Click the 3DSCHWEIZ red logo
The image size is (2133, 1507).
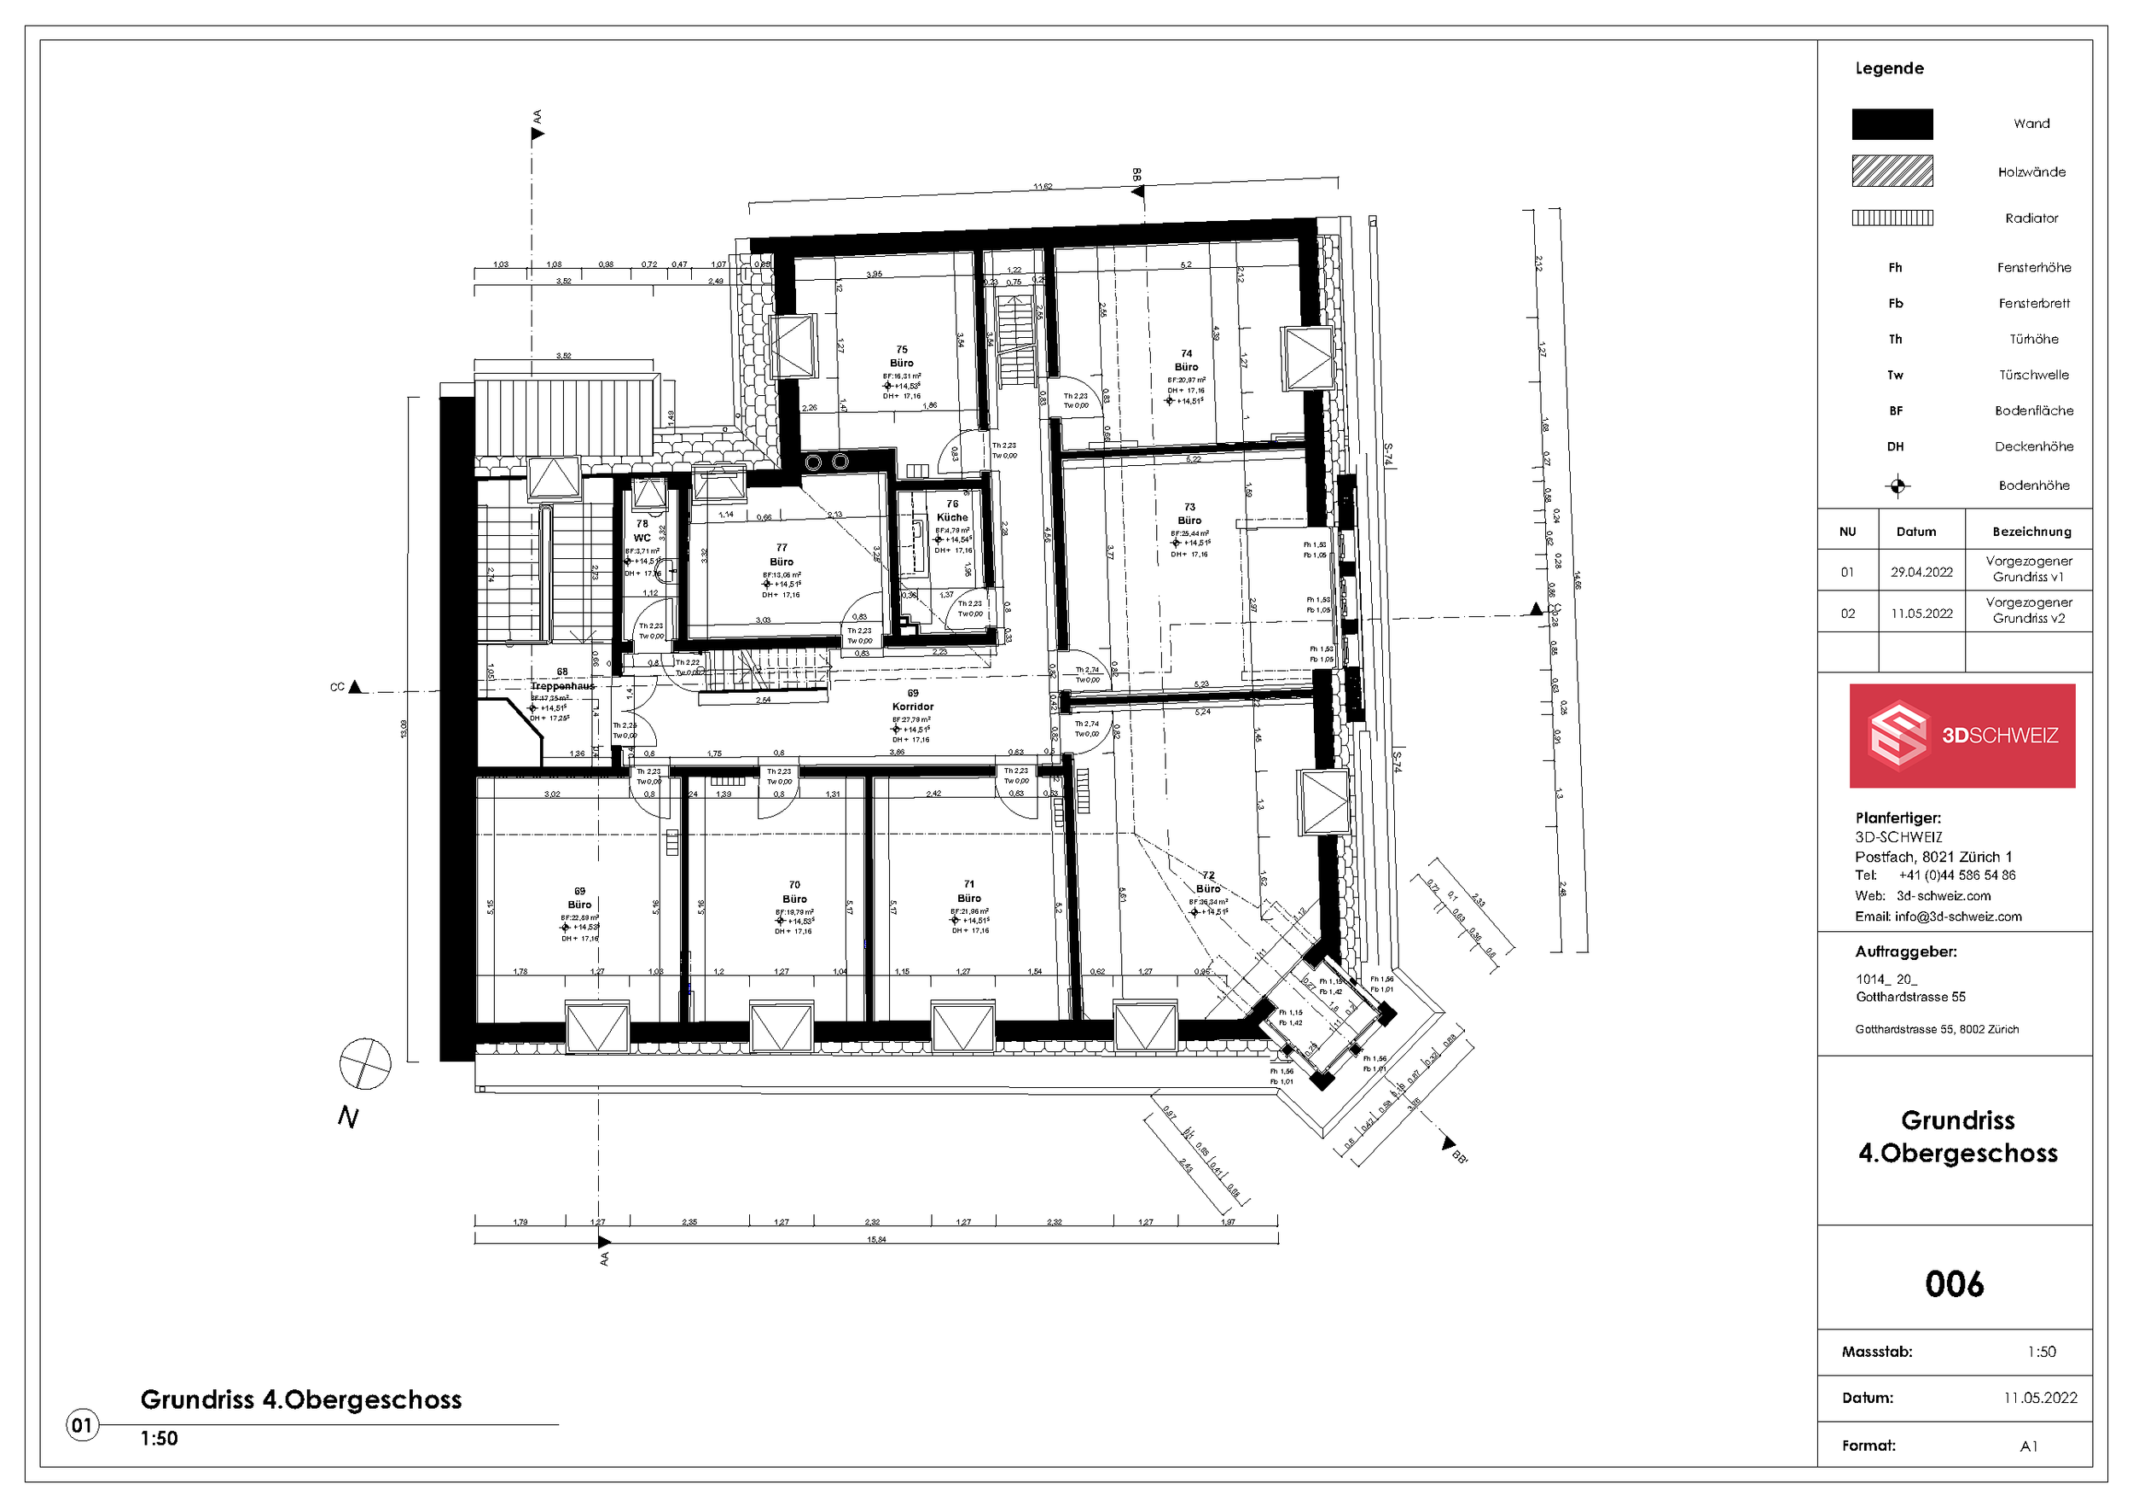[x=1962, y=736]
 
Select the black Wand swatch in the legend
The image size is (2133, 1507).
[x=1892, y=124]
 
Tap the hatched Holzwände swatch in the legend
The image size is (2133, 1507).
[x=1892, y=171]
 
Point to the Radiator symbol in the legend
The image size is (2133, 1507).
[x=1892, y=218]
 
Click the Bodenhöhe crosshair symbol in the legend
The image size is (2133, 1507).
[x=1897, y=486]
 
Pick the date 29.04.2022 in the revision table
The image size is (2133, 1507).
[x=1921, y=573]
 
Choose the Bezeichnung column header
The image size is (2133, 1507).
[x=2031, y=532]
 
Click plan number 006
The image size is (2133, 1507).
[x=1954, y=1284]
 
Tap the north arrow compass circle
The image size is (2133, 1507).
[x=365, y=1064]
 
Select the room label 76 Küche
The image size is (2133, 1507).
[x=951, y=510]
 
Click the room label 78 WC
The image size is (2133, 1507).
[x=642, y=531]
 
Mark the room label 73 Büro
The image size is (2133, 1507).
[x=1189, y=514]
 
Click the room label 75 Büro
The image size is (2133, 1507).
[x=901, y=357]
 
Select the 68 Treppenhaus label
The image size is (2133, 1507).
[x=562, y=679]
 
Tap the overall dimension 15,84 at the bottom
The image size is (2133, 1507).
[x=876, y=1239]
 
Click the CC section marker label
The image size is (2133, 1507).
[x=337, y=688]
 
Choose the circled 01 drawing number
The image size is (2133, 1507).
[x=82, y=1424]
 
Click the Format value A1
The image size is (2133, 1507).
[x=2028, y=1446]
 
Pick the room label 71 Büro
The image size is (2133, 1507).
[x=969, y=891]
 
